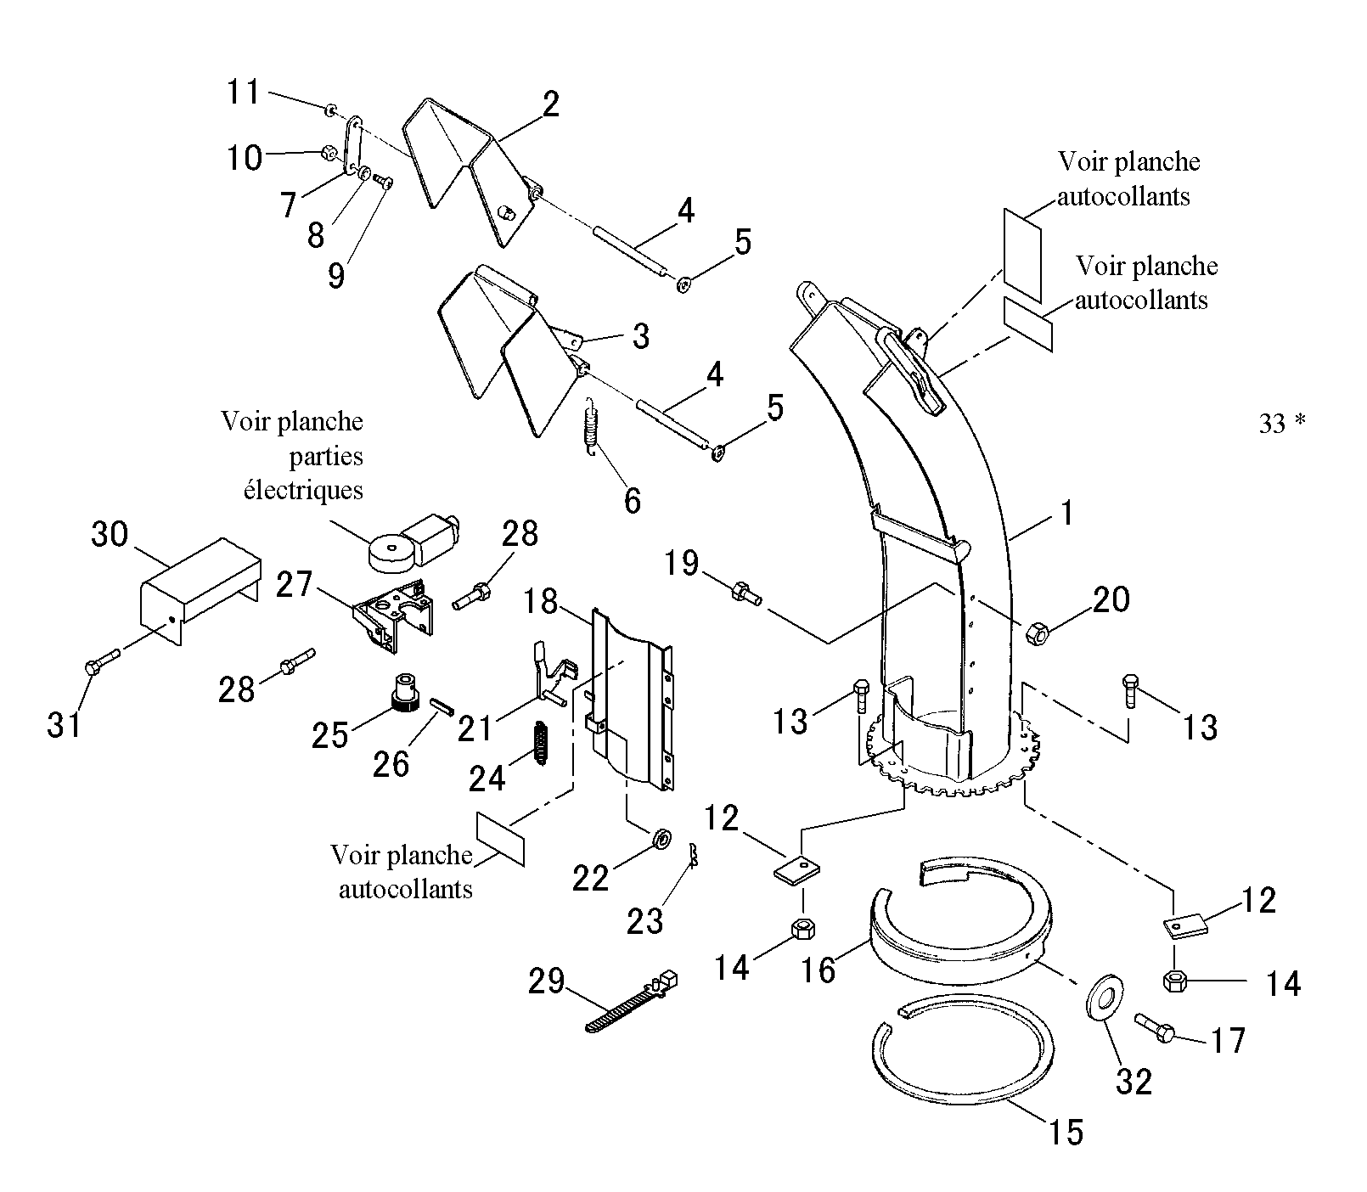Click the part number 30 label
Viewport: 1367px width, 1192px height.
click(110, 535)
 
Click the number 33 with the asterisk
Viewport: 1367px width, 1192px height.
click(1282, 423)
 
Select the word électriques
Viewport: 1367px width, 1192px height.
click(303, 490)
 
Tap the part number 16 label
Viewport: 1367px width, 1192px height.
click(819, 969)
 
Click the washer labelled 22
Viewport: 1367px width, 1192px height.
click(661, 839)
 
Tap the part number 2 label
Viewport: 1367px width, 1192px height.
click(550, 104)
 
